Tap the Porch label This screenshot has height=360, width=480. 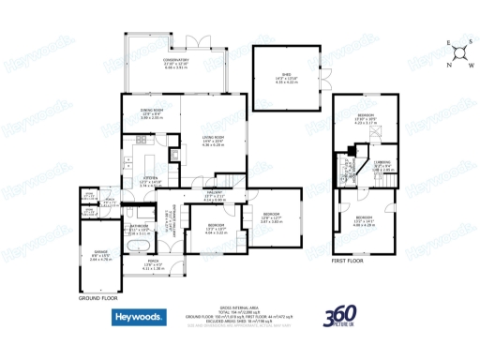152,266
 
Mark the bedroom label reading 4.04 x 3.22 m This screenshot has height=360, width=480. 215,227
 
